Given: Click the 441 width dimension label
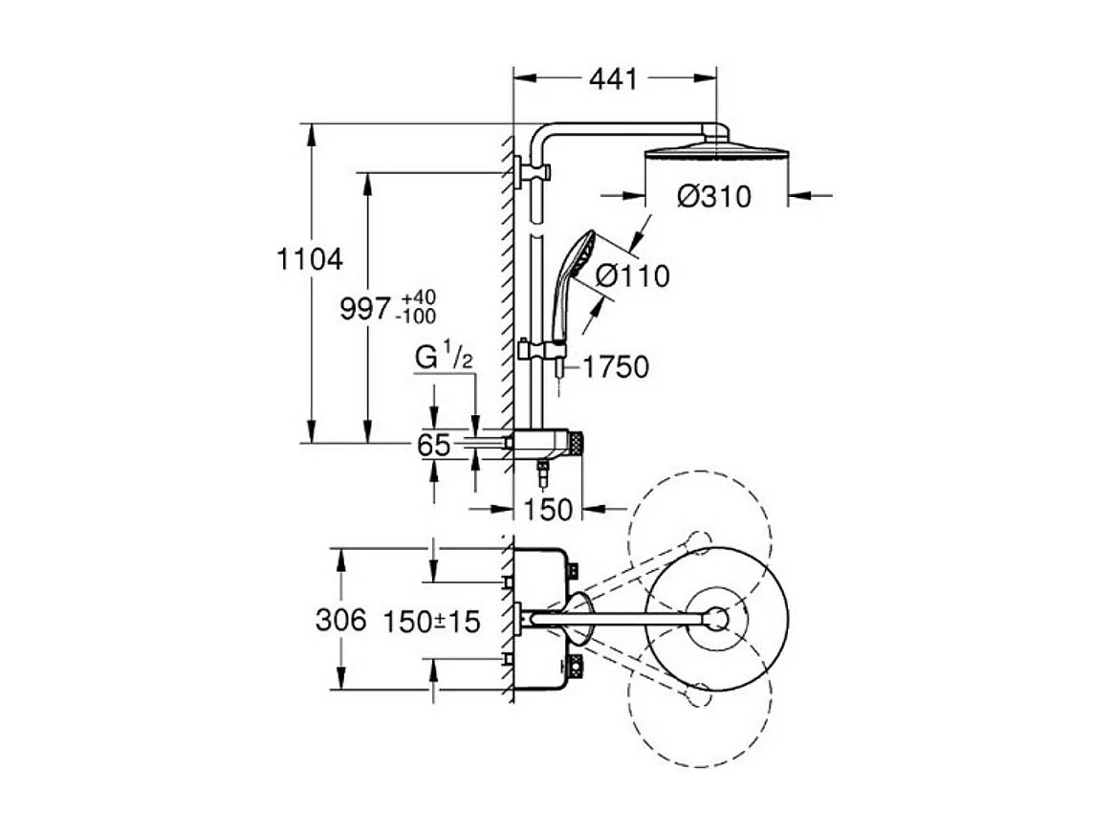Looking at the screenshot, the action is tap(613, 79).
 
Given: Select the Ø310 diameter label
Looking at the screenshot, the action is tap(713, 197).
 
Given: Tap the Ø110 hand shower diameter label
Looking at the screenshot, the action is tap(632, 275).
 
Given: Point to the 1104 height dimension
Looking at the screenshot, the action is tap(309, 258).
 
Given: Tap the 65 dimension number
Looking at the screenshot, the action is tap(433, 445).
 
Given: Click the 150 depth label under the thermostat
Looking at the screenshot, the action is tap(548, 510).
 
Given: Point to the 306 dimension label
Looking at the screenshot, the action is tap(340, 620).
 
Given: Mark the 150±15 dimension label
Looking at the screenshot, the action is tap(431, 621).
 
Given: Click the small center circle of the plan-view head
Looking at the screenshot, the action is tap(717, 620).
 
